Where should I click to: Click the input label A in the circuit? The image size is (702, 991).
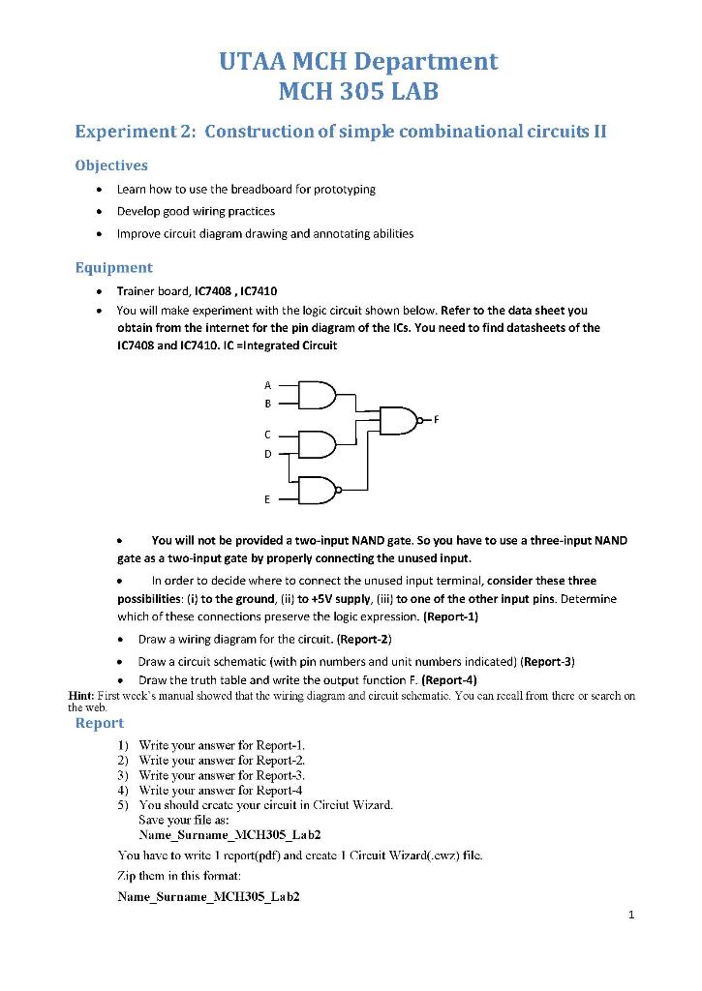268,384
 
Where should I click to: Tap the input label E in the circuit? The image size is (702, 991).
268,500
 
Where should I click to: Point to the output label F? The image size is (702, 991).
436,419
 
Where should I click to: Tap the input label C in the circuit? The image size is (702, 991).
268,435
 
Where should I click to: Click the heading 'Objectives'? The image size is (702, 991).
111,165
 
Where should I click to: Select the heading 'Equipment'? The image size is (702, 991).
113,267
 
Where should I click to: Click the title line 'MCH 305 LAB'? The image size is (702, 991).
358,93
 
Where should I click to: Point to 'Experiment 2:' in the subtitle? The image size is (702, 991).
136,132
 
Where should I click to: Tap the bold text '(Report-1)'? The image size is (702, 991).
451,616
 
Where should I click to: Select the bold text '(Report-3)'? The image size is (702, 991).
548,661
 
